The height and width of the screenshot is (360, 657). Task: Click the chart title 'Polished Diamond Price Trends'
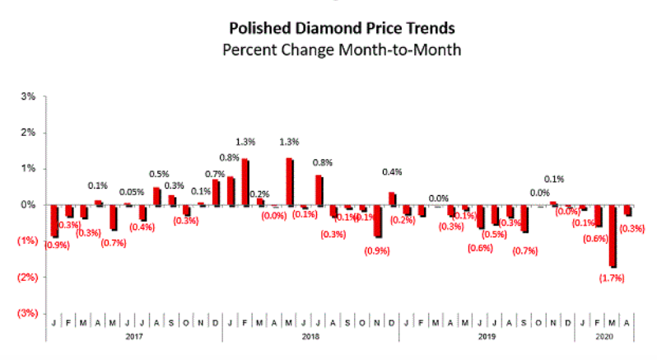(x=328, y=30)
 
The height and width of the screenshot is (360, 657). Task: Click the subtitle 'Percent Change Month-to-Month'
(x=328, y=49)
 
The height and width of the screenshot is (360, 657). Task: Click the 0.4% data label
(x=392, y=172)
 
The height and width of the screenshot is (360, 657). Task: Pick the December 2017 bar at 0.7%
(x=216, y=192)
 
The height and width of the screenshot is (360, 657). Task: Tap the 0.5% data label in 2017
(x=158, y=174)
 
